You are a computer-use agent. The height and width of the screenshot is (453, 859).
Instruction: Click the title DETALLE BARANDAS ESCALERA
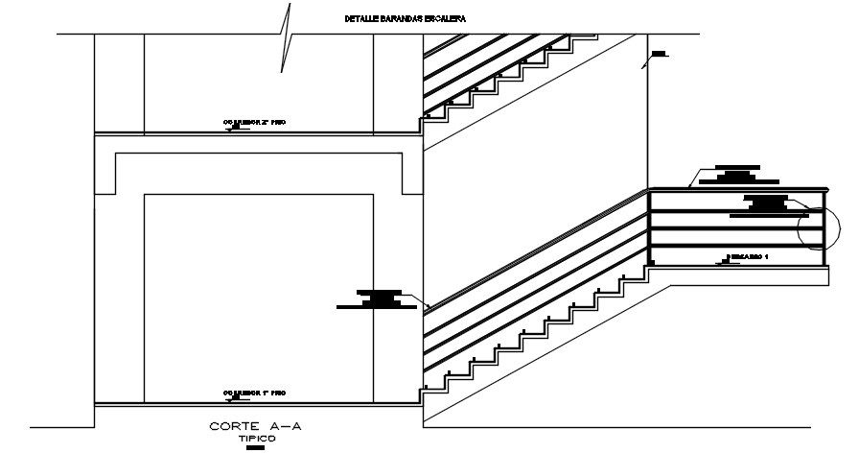click(x=393, y=18)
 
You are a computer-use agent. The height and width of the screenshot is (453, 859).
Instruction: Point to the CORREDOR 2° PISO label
click(x=255, y=123)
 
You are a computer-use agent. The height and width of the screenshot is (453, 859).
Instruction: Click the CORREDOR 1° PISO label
click(x=255, y=393)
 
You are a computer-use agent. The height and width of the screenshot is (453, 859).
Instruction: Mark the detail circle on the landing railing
click(x=817, y=227)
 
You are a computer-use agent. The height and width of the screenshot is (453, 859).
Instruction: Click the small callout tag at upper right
click(x=658, y=53)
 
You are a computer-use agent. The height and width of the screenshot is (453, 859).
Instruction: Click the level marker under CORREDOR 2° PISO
click(x=231, y=129)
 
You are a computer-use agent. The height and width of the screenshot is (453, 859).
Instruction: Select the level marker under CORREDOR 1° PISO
click(x=231, y=398)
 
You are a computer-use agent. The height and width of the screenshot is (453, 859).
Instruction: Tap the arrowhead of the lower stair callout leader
click(x=424, y=306)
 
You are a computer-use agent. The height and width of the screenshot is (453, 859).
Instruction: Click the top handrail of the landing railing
click(x=738, y=189)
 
